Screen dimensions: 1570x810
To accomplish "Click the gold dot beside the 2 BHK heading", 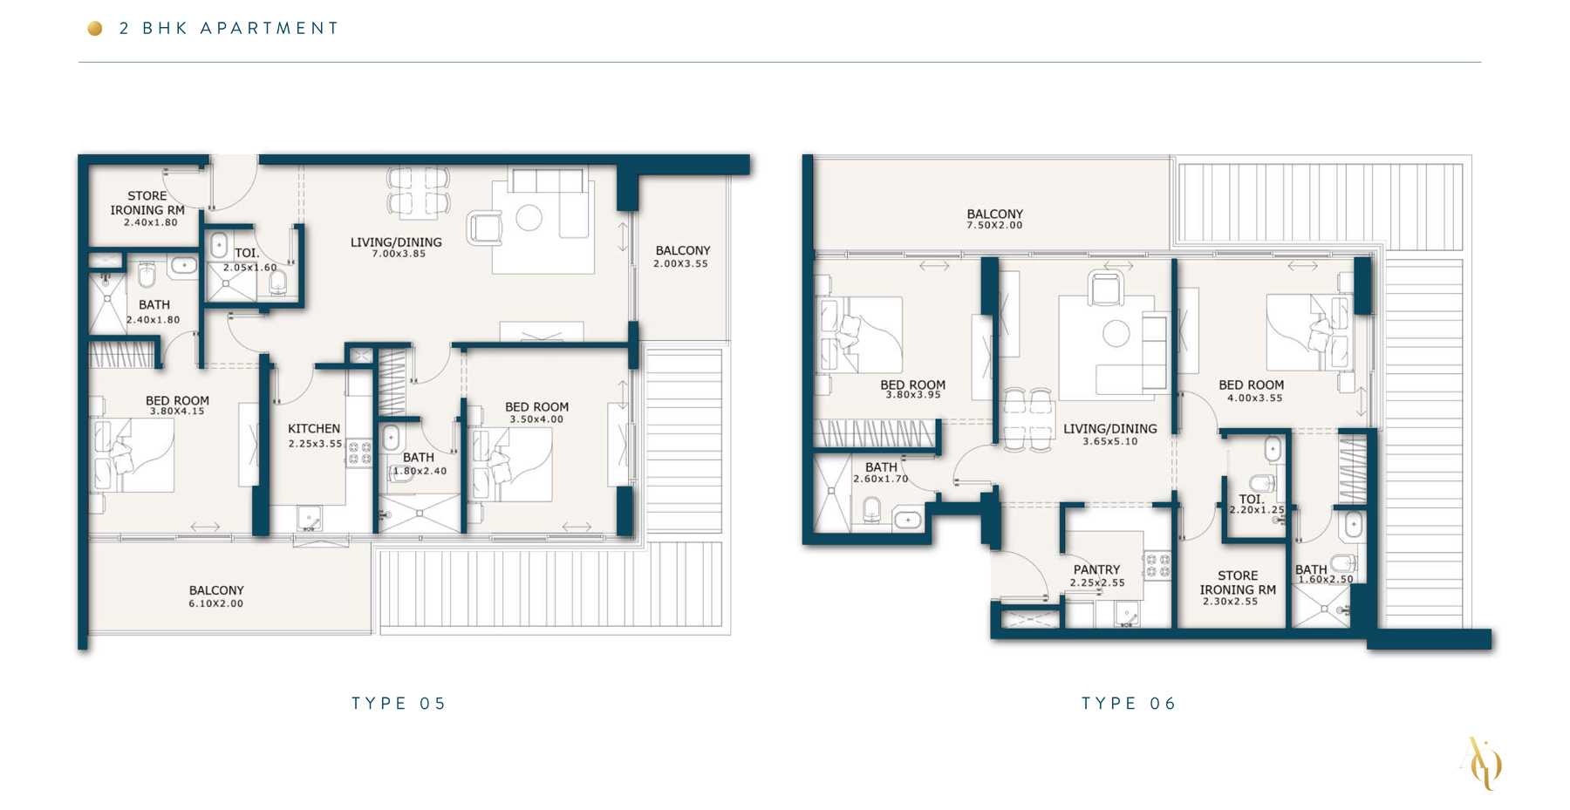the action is point(95,29).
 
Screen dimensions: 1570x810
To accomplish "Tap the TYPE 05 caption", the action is point(399,704).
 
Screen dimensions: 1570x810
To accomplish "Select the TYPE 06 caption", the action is point(1129,704).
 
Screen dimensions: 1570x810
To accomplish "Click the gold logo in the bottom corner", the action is point(1482,764).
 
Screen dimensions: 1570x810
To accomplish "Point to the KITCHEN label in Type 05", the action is point(314,429).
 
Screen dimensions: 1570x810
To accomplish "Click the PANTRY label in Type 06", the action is point(1096,569).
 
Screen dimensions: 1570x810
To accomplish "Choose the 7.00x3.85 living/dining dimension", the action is point(399,254).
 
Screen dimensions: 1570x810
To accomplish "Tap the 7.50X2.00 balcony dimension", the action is point(994,226).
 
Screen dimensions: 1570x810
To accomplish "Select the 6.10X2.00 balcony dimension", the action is point(216,603).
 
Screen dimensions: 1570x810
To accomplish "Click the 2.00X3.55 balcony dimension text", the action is point(681,263).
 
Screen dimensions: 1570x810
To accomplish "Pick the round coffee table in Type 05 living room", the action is point(529,217).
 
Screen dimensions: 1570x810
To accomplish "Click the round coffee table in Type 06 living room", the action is point(1116,333).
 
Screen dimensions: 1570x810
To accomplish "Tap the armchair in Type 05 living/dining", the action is point(484,228).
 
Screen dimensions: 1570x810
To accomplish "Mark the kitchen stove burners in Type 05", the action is point(359,453).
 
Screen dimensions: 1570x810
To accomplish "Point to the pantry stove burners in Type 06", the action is point(1157,565).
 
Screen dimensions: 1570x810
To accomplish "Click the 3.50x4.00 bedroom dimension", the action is point(536,419).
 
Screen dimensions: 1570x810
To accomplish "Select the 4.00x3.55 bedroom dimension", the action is point(1254,398).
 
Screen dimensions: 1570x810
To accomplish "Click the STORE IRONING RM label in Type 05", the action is point(147,203).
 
